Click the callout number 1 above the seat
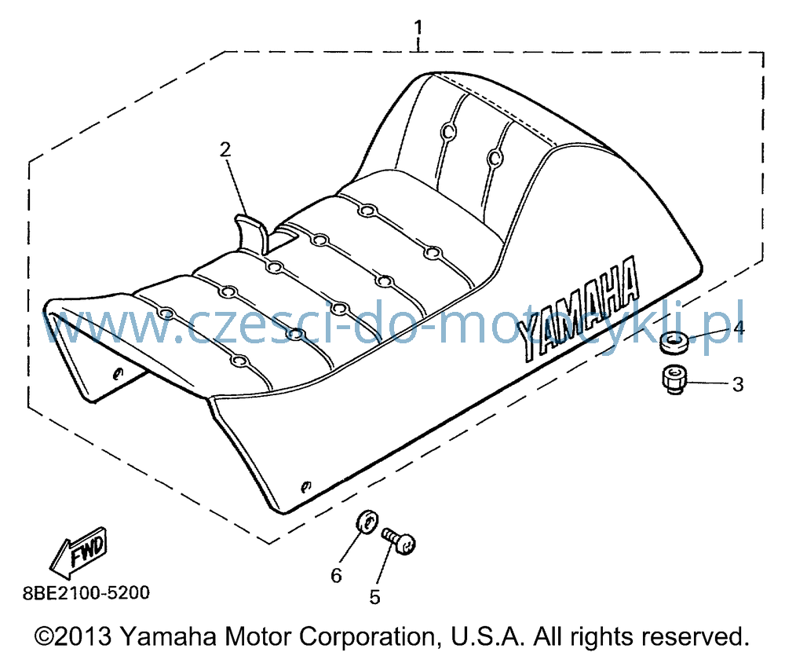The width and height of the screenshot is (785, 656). pos(418,27)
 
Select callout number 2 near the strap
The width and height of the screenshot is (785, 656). pos(225,148)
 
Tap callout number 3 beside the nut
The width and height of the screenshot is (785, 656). pos(737,384)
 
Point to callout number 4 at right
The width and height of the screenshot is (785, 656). pos(739,328)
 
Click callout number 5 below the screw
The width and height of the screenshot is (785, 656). pos(375,597)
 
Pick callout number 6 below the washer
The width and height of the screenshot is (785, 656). pos(336,575)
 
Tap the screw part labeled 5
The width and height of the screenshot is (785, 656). pos(399,541)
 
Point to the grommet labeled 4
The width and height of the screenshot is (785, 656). pos(674,343)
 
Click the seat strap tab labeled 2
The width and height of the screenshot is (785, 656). pos(252,233)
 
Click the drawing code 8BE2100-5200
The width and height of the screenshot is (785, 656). pos(86,593)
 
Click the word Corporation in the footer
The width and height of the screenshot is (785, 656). pos(367,636)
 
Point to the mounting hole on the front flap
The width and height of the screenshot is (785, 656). pos(119,373)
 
